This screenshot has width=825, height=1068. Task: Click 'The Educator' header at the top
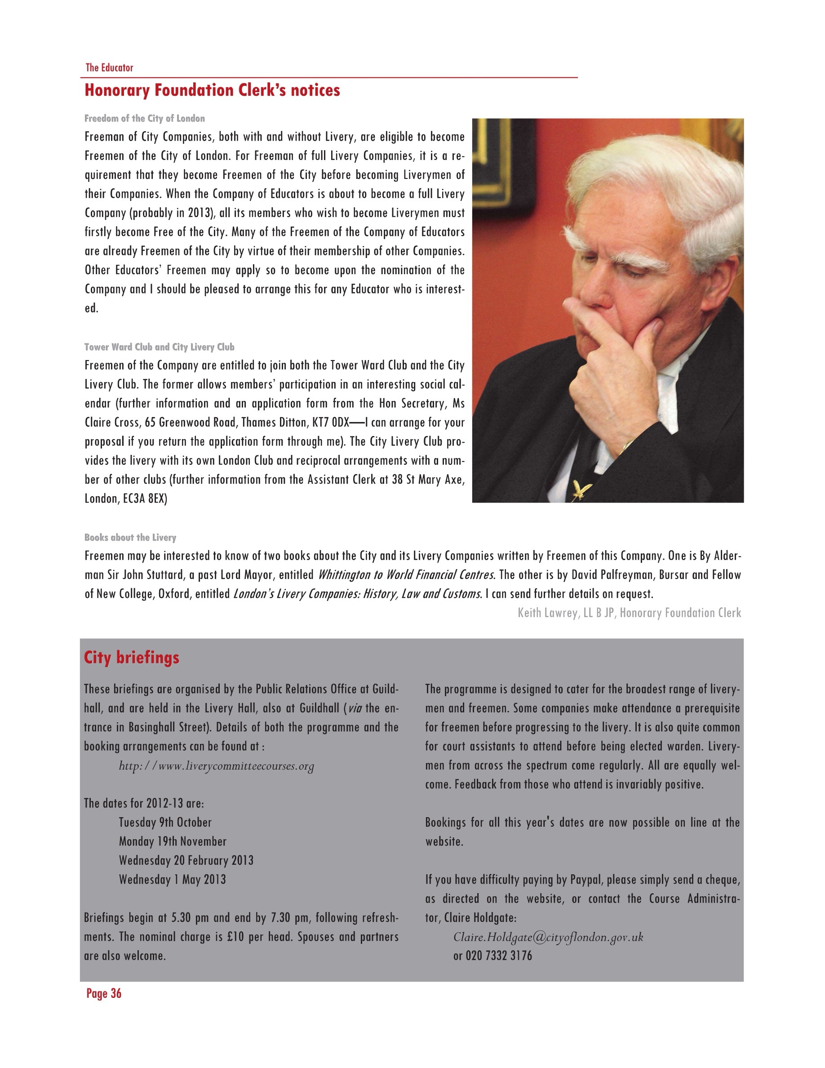[x=109, y=67]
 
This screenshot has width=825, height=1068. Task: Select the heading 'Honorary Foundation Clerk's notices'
[x=212, y=90]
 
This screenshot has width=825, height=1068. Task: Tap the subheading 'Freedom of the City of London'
[x=145, y=118]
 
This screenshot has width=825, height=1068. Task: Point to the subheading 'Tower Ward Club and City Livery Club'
[x=160, y=347]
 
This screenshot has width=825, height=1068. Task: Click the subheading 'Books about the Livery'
[x=130, y=538]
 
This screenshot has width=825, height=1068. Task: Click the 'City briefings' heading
[x=132, y=657]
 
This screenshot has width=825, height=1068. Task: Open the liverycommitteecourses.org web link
[x=217, y=766]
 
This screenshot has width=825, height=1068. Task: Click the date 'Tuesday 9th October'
[x=165, y=823]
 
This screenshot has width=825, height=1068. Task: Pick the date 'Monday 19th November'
[x=173, y=841]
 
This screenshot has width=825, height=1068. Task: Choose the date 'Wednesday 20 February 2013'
[x=186, y=861]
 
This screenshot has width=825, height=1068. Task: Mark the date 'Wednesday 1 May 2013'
[x=172, y=880]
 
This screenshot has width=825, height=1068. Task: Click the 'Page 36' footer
[x=104, y=994]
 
